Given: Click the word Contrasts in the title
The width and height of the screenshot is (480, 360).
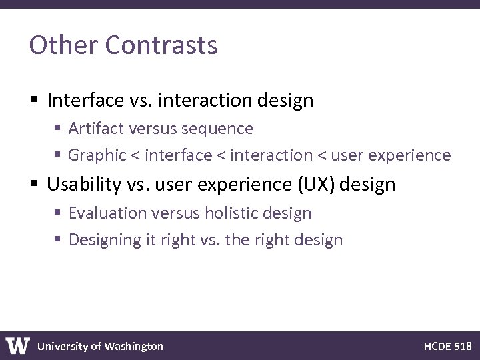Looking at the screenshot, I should [161, 45].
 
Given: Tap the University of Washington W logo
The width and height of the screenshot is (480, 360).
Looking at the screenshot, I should [18, 345].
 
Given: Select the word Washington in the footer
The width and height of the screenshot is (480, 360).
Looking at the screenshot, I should [133, 346].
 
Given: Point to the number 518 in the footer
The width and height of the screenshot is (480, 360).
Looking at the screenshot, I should [462, 346].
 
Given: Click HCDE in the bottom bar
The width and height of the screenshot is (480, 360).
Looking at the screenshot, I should [437, 346].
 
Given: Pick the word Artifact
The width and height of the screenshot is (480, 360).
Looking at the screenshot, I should [94, 128].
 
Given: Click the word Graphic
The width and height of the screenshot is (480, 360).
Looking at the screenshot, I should [97, 155].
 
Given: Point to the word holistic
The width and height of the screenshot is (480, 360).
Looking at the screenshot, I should [231, 213].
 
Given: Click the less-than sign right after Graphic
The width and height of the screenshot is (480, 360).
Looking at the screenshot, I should [135, 156].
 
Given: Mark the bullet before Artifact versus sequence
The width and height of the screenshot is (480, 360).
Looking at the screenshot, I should [58, 129].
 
